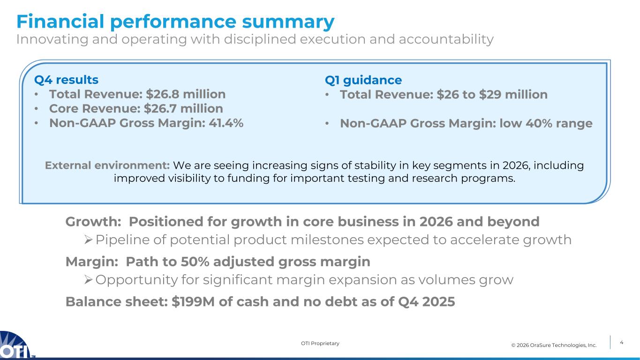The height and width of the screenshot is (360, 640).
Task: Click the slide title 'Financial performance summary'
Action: [175, 22]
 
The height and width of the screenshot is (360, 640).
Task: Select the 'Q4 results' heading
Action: [66, 79]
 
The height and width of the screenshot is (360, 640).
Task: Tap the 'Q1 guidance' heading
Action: [363, 80]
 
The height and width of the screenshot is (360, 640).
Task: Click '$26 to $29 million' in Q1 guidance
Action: [492, 95]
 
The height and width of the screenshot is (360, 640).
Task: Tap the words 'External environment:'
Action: [107, 165]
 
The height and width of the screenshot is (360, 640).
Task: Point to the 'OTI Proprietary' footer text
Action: [320, 344]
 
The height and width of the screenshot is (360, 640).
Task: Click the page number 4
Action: [621, 343]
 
